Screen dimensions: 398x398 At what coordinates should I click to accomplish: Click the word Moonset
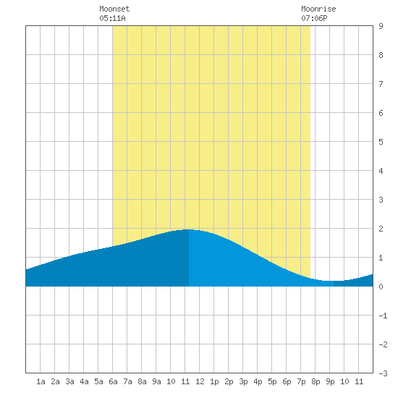114,9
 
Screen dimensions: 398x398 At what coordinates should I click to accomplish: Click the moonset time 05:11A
112,18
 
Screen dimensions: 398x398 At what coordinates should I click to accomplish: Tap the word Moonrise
318,9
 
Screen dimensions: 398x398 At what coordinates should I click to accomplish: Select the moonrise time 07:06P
314,18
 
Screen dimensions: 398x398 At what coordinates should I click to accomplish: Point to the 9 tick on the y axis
381,26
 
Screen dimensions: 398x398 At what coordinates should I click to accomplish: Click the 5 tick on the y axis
381,142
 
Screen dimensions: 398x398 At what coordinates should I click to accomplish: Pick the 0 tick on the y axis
381,287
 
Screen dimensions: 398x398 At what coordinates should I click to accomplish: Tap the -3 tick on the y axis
383,373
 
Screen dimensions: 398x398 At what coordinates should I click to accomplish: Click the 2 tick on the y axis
381,229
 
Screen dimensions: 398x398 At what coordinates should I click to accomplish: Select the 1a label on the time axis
41,381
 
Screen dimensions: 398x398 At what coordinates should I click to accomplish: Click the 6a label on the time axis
113,381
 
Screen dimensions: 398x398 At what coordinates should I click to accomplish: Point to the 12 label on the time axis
200,381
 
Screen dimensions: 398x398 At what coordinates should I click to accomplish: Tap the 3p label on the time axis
243,381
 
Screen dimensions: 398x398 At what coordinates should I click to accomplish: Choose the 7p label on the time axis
301,381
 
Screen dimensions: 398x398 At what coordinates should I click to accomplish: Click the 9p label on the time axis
330,381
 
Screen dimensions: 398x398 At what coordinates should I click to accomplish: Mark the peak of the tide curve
189,229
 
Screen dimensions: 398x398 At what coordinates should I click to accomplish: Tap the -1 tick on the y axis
383,316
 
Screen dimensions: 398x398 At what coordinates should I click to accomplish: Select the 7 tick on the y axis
381,84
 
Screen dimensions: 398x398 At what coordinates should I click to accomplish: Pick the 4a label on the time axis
84,381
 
